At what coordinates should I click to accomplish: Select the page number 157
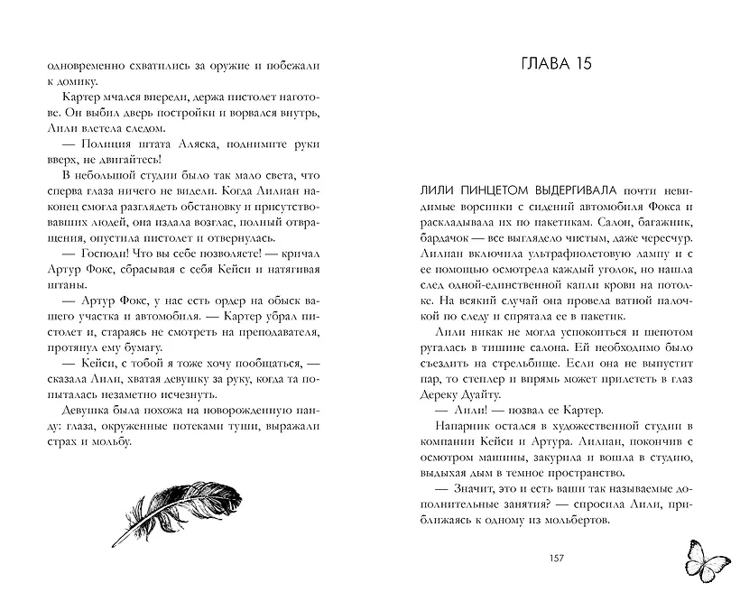coord(556,557)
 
